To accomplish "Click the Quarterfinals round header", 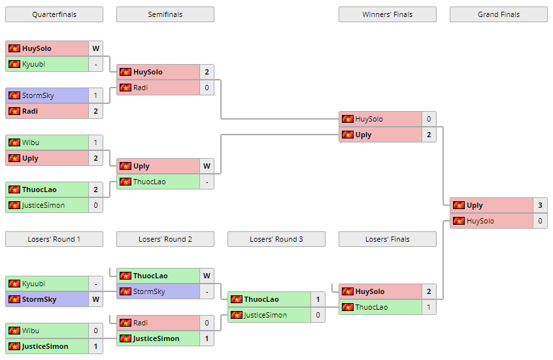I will (x=54, y=14).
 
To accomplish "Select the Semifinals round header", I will (x=165, y=14).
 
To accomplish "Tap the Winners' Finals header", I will (x=387, y=14).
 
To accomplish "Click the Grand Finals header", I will (x=498, y=14).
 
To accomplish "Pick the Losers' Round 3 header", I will (x=276, y=239).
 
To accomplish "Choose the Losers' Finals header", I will (x=387, y=239).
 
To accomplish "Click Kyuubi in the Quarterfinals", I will (x=33, y=64).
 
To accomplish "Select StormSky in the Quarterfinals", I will (x=38, y=95).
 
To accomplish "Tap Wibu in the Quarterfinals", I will (x=31, y=142).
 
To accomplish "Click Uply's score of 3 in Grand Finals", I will (x=540, y=205).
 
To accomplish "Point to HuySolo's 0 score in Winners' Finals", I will (x=429, y=119).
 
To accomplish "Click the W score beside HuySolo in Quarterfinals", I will (x=95, y=48).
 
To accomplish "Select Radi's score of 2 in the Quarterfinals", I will (x=95, y=111).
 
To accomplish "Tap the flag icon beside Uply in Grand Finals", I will (x=459, y=205).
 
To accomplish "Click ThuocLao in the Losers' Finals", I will (x=371, y=307).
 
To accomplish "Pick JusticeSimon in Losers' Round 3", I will (x=265, y=315).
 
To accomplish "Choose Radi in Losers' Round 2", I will (x=141, y=323).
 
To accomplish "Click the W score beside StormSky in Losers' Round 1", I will (x=95, y=299).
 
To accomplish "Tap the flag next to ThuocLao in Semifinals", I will (x=126, y=182).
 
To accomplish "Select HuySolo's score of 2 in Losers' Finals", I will (x=429, y=291).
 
